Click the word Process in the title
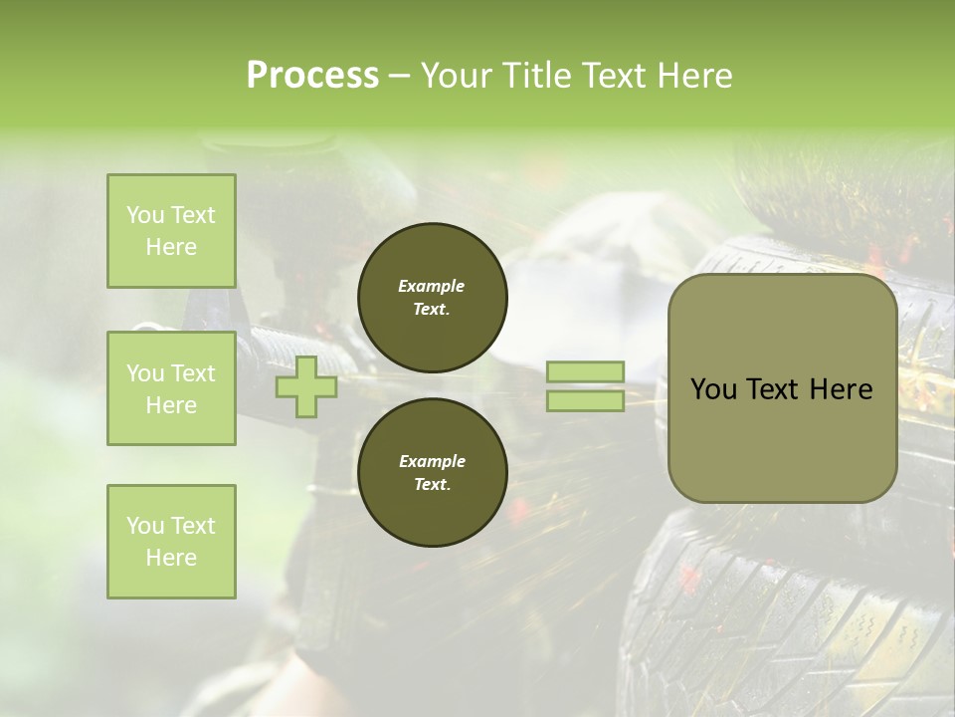coord(312,75)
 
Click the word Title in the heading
coord(537,75)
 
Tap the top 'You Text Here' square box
coord(171,231)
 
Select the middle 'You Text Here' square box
coord(171,388)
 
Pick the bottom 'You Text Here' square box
coord(171,542)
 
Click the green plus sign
coord(305,386)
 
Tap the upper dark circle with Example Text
coord(432,297)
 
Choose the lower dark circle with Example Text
coord(432,472)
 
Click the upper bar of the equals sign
coord(585,371)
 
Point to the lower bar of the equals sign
coord(585,400)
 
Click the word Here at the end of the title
coord(694,75)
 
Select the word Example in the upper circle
coord(432,286)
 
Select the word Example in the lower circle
coord(432,461)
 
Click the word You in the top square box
coord(145,215)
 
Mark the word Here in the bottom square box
coord(171,558)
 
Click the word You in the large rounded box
coord(712,389)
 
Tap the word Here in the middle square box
coord(171,405)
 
